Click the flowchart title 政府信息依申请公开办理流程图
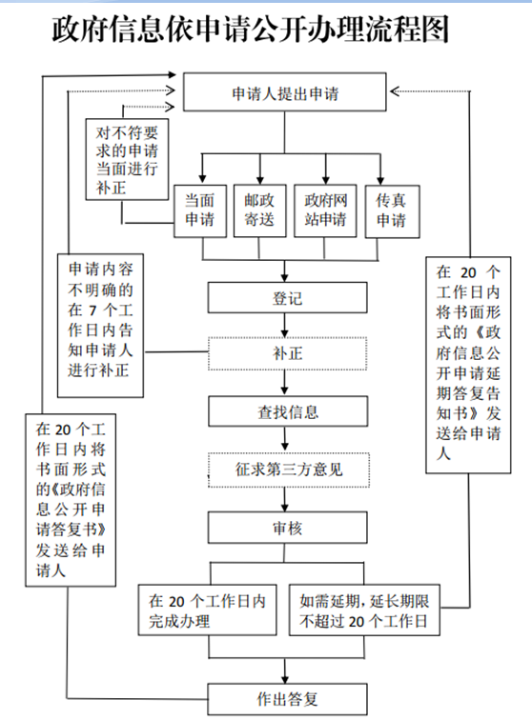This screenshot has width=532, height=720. coord(250,30)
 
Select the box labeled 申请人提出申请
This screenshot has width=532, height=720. coord(285,91)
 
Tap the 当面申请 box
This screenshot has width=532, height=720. coord(200,211)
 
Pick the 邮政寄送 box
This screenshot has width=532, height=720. coord(259,210)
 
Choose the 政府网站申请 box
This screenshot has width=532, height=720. coord(325,210)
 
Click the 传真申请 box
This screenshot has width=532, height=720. coord(392,211)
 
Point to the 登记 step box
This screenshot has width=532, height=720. coord(287,297)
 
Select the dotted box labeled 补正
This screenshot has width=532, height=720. coord(287,353)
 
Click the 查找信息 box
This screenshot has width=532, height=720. coord(288,411)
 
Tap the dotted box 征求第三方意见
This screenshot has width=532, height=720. coord(289,470)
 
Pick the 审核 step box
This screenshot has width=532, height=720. coord(287,528)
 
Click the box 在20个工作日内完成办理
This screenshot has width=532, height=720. coord(208,610)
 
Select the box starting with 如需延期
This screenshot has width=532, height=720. coord(364,610)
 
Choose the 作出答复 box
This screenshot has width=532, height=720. coord(287,699)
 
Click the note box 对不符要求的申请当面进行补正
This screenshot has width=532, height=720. coord(127,159)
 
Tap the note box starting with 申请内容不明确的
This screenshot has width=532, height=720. coord(100,326)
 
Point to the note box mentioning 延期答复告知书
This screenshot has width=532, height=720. coord(468,365)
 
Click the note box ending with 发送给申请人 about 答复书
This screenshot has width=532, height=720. coord(71,500)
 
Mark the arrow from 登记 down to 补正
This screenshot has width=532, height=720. coord(285,326)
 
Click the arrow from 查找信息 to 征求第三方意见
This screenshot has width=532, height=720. coord(285,440)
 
